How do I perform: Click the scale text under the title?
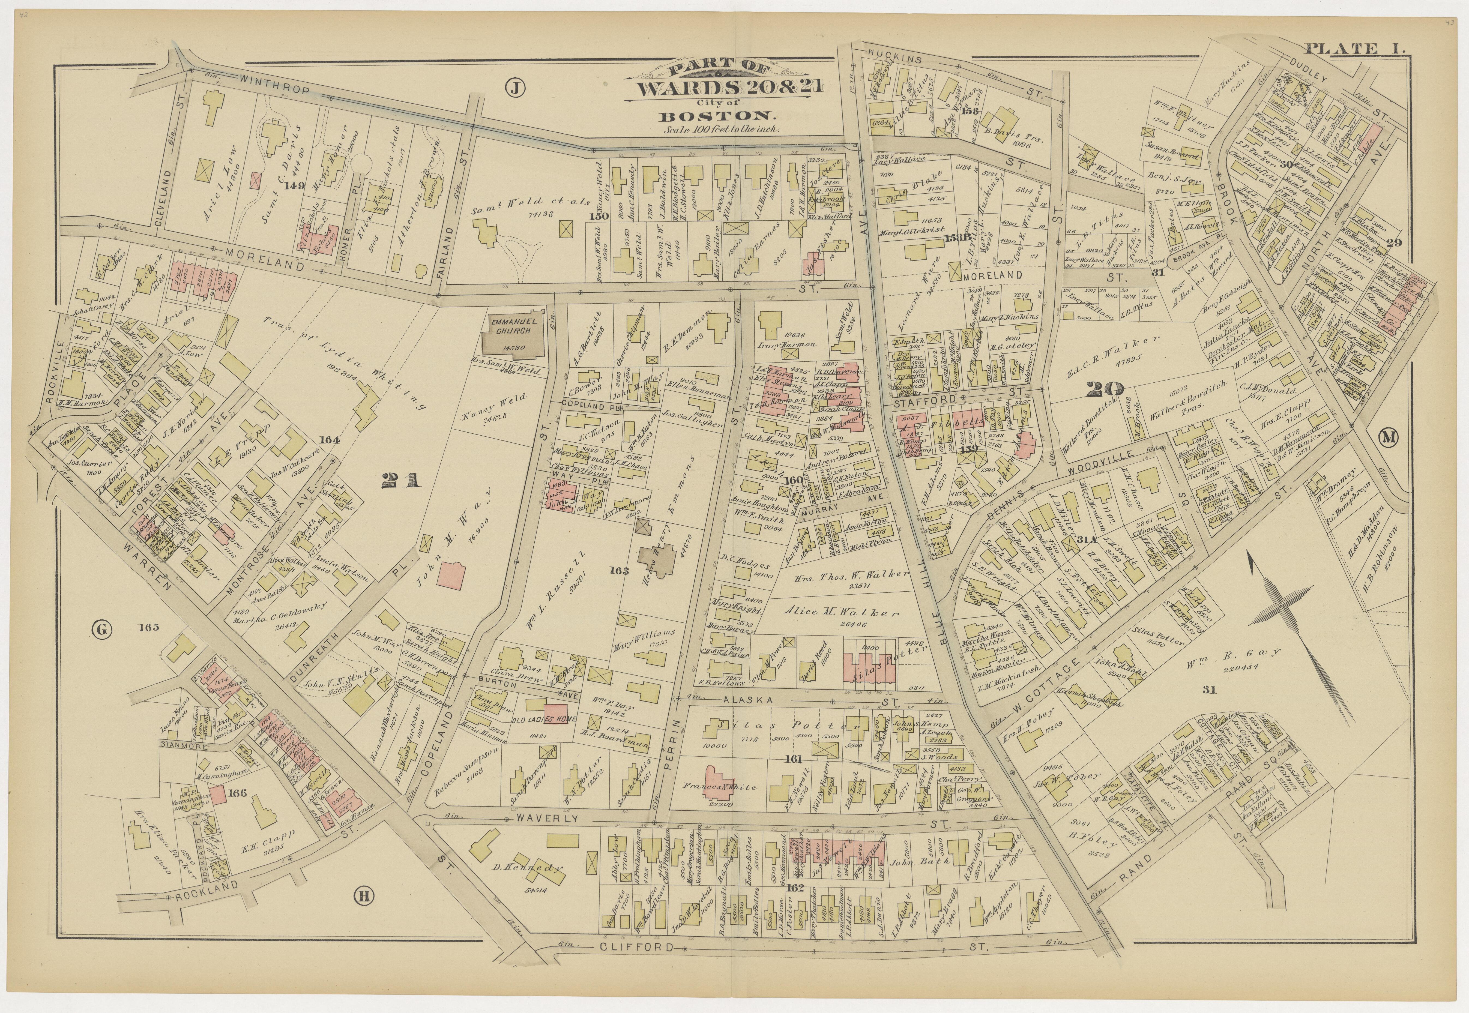tap(722, 129)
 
